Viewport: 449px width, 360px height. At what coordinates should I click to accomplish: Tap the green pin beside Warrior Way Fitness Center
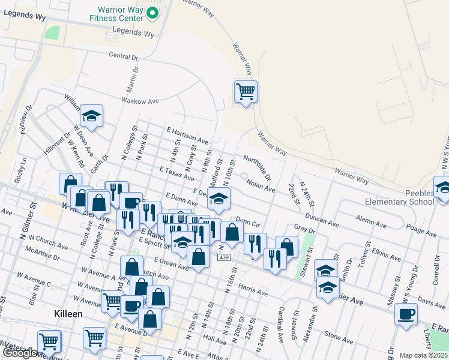pyautogui.click(x=152, y=12)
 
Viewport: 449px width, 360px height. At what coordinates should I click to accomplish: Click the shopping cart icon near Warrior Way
pyautogui.click(x=246, y=92)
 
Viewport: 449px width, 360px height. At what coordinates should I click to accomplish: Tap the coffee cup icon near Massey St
pyautogui.click(x=406, y=314)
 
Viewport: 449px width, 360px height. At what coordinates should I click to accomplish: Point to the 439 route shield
pyautogui.click(x=223, y=257)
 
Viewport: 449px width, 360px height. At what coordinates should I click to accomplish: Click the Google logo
pyautogui.click(x=20, y=353)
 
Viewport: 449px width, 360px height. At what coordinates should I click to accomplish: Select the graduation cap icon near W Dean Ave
pyautogui.click(x=91, y=116)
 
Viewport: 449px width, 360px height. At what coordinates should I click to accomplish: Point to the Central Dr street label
pyautogui.click(x=124, y=56)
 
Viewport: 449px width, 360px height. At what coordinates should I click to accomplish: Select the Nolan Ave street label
pyautogui.click(x=261, y=184)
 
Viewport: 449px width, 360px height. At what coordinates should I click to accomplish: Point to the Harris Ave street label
pyautogui.click(x=252, y=290)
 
